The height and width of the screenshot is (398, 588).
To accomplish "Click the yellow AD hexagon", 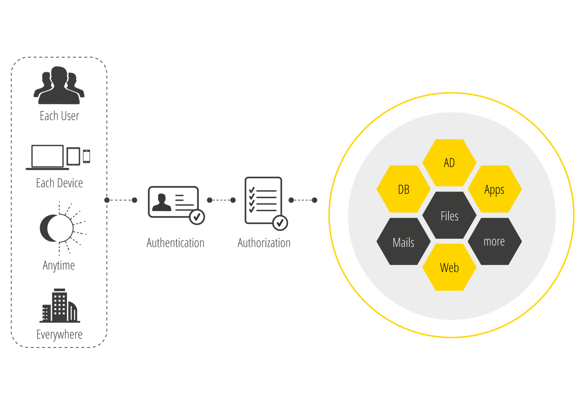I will pos(449,163).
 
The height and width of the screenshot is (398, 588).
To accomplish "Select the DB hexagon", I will pos(403,189).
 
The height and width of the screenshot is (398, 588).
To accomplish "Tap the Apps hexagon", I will pos(495,189).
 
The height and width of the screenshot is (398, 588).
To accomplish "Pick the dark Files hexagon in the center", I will pos(449,215).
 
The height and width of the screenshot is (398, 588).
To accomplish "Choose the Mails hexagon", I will pos(403,242).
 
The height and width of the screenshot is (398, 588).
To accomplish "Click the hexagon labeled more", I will pos(495,241).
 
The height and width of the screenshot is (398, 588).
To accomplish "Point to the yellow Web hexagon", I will pos(449,267).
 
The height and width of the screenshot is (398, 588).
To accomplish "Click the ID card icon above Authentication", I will pos(173,202).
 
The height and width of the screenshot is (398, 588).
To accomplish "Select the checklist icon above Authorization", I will pos(263,200).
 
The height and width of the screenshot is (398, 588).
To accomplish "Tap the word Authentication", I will pos(175,243).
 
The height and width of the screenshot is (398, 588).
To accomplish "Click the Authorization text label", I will pos(264,243).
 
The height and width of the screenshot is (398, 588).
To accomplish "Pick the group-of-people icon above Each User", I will pos(59,87).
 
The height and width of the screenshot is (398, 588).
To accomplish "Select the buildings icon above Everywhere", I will pos(60,306).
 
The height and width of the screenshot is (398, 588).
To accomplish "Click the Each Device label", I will pos(59,183).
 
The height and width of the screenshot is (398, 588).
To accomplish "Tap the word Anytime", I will pos(59,265).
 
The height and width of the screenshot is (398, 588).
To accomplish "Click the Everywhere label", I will pos(59,335).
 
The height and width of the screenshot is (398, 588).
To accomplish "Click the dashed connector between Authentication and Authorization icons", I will pos(221,200).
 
